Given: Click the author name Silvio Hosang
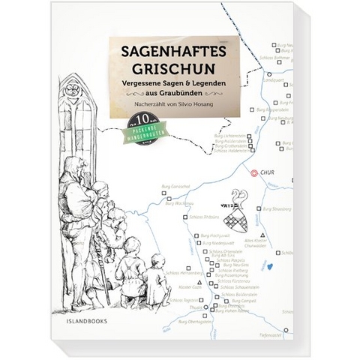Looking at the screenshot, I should tap(199, 122).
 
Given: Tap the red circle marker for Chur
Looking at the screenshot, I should tap(255, 172).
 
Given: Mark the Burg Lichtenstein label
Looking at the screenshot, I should tap(224, 135).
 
